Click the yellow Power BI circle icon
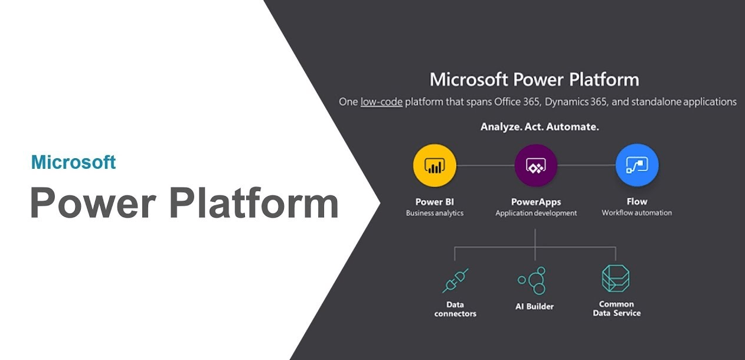[434, 166]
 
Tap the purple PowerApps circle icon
[536, 166]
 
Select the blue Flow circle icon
[637, 166]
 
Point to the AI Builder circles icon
[534, 280]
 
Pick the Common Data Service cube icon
[616, 279]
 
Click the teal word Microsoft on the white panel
[73, 162]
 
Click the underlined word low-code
[381, 102]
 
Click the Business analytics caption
[434, 213]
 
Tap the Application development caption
[536, 213]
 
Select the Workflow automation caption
[636, 212]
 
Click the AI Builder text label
[534, 306]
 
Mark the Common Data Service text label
[616, 309]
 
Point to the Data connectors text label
[455, 309]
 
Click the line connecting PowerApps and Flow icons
[586, 166]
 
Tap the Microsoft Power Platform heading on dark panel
[534, 80]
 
